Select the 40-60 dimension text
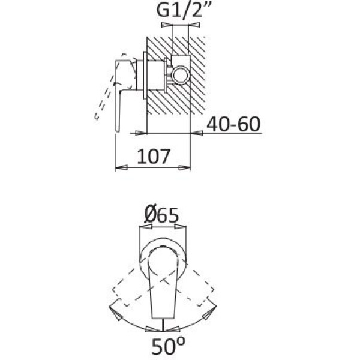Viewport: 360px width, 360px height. (233, 124)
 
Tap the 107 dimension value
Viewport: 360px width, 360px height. (154, 156)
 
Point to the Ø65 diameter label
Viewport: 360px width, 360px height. (161, 215)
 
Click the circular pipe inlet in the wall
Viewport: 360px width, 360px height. (181, 75)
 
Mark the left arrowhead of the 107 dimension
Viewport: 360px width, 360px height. (121, 167)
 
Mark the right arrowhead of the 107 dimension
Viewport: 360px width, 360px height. (184, 168)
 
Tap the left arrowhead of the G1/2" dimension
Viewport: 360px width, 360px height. (167, 25)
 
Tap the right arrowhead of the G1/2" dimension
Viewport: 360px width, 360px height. (194, 25)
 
